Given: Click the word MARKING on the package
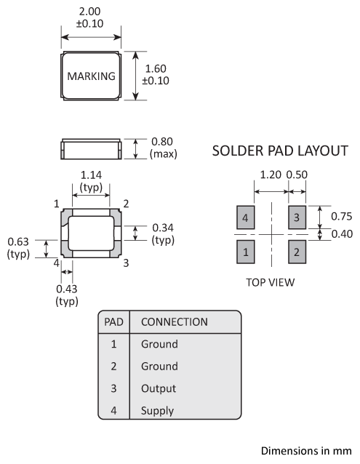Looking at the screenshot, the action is pyautogui.click(x=91, y=76).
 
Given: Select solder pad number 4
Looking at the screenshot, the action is pyautogui.click(x=245, y=217).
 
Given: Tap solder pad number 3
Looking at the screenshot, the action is pyautogui.click(x=297, y=217).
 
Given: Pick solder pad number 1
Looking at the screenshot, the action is pyautogui.click(x=245, y=252).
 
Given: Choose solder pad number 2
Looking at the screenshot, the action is pyautogui.click(x=297, y=252).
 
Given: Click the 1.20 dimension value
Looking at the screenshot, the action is pyautogui.click(x=271, y=175).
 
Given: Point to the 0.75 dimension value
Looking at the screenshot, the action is pyautogui.click(x=341, y=216).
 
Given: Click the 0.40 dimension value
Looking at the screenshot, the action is pyautogui.click(x=342, y=233).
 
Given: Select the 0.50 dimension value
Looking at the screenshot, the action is pyautogui.click(x=297, y=175).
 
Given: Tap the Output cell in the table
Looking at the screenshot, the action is pyautogui.click(x=159, y=388).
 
